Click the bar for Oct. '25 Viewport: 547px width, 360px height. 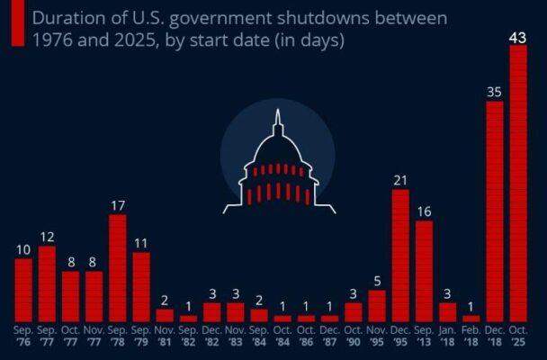point(517,184)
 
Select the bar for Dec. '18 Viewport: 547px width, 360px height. point(494,211)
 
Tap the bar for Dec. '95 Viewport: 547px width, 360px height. point(400,256)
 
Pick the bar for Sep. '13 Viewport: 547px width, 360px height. point(424,271)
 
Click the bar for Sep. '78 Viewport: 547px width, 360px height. point(117,267)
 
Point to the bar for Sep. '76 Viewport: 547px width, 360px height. point(23,290)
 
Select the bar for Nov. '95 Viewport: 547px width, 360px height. point(377,306)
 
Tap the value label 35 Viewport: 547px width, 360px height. point(494,91)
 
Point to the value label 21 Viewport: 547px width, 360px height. point(400,179)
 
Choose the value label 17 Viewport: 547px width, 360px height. point(117,204)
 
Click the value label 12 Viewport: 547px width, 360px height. point(47,236)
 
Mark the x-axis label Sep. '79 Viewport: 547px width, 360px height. point(140,337)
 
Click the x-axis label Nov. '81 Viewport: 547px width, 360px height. point(164,337)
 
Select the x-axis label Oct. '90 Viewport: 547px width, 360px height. point(354,337)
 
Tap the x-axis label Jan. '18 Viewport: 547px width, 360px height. point(447,337)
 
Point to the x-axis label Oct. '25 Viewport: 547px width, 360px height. point(518,337)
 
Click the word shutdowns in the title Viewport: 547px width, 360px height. point(297,17)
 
